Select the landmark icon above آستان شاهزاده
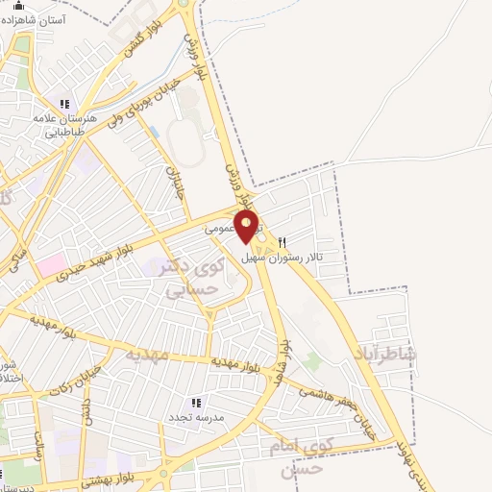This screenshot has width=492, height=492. pos(17,6)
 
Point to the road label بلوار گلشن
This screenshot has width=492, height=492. pos(135,43)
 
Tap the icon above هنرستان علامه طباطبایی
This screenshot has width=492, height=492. pos(65,104)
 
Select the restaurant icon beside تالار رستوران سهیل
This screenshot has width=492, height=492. pos(282,242)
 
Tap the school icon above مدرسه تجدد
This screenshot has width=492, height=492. pos(196,403)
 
